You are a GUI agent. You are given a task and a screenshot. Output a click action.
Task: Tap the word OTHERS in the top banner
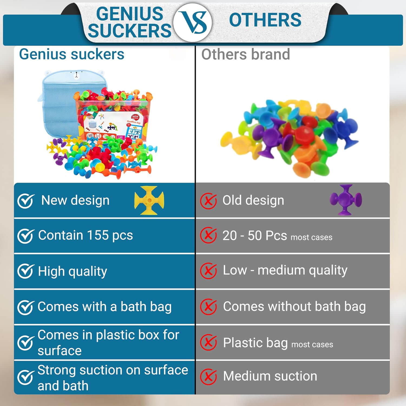coord(265,20)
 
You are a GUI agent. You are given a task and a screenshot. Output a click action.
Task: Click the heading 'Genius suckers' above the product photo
coord(72,54)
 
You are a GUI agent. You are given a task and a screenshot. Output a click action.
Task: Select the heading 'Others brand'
coord(245,54)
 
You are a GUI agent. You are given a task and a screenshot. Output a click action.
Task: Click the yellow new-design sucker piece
coord(149,200)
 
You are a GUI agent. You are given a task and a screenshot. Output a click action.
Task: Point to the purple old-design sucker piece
coord(346,200)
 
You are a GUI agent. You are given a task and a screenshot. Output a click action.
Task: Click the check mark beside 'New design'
coord(26,201)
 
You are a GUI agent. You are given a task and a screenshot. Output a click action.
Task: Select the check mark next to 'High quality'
coord(26,271)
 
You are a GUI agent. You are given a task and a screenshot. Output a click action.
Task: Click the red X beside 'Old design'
coord(208,201)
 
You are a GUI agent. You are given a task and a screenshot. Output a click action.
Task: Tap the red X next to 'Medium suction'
coord(208,376)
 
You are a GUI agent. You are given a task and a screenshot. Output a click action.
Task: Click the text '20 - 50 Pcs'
coord(254,235)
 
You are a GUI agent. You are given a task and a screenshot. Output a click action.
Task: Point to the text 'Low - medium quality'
coord(285,270)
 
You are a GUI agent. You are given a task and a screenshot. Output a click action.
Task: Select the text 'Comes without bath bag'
coord(294,307)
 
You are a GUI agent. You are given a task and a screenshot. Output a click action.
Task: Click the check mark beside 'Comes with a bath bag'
coord(26,307)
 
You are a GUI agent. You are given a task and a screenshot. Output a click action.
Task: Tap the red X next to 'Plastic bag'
coord(208,342)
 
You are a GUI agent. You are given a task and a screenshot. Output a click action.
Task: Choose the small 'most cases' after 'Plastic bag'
coord(312,345)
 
